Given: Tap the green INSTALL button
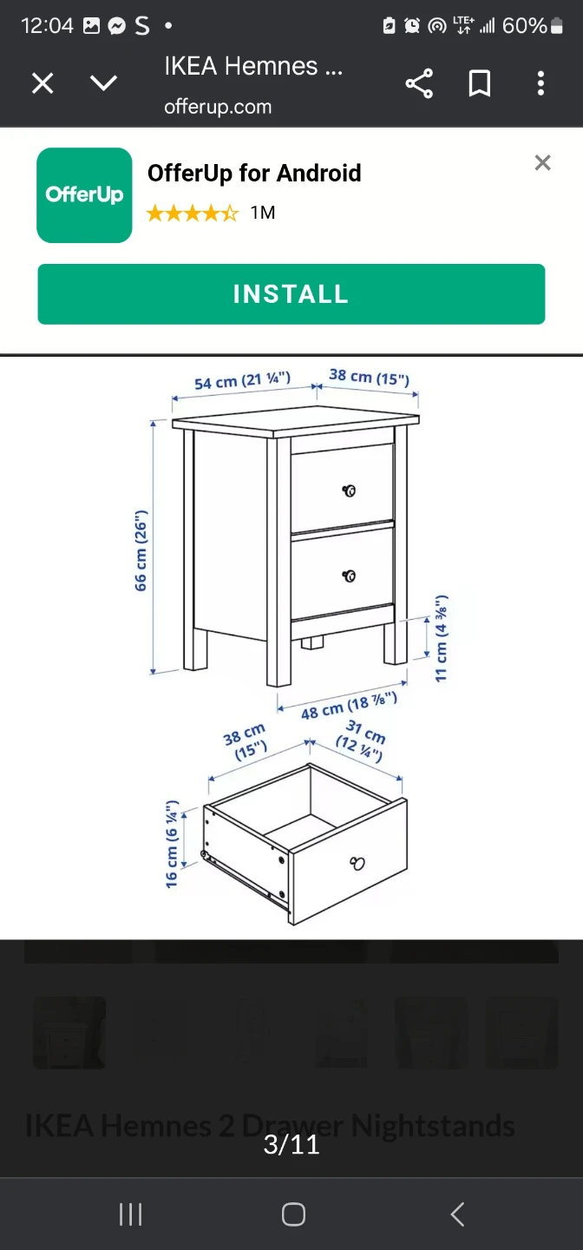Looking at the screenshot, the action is click(x=291, y=294).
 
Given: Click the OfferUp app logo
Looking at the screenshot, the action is click(x=84, y=195).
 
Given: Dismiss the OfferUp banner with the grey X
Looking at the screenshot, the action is click(x=542, y=162).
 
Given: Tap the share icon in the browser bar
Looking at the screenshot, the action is click(x=419, y=83).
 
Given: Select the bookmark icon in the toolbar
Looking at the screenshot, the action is click(x=480, y=83).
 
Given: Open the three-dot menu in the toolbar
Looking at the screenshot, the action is click(x=540, y=83).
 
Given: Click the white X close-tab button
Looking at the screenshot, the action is click(x=43, y=83).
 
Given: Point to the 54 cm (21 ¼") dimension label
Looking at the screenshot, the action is click(x=242, y=381).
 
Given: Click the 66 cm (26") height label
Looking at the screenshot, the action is click(x=141, y=550).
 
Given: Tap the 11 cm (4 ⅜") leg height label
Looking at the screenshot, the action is click(x=441, y=638).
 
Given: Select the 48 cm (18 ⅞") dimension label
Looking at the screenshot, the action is click(x=350, y=706).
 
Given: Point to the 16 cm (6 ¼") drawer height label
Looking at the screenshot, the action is click(x=171, y=844).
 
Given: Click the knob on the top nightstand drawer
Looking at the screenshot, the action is click(x=350, y=490).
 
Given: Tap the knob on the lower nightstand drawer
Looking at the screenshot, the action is click(x=350, y=576).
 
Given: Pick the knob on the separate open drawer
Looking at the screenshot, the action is click(x=357, y=863).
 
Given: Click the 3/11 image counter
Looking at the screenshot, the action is click(x=291, y=1145).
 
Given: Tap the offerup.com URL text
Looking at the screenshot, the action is click(x=218, y=107).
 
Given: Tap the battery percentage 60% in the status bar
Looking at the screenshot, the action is click(x=524, y=26).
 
